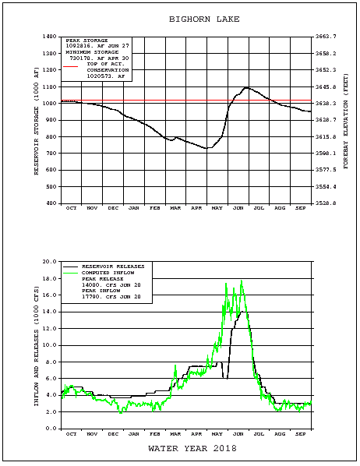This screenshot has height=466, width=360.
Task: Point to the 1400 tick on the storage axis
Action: [49, 37]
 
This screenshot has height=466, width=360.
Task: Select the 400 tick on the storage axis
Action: [51, 203]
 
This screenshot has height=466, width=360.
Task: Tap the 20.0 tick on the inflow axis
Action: [48, 262]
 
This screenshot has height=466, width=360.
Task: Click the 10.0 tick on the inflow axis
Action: [48, 345]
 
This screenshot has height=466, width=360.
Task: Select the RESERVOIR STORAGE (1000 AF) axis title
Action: [36, 120]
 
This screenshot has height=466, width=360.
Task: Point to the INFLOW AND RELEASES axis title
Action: [36, 344]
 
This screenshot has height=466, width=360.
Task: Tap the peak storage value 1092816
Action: [82, 47]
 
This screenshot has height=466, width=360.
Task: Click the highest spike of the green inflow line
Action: [242, 281]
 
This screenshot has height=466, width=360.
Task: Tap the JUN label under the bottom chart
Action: [238, 433]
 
